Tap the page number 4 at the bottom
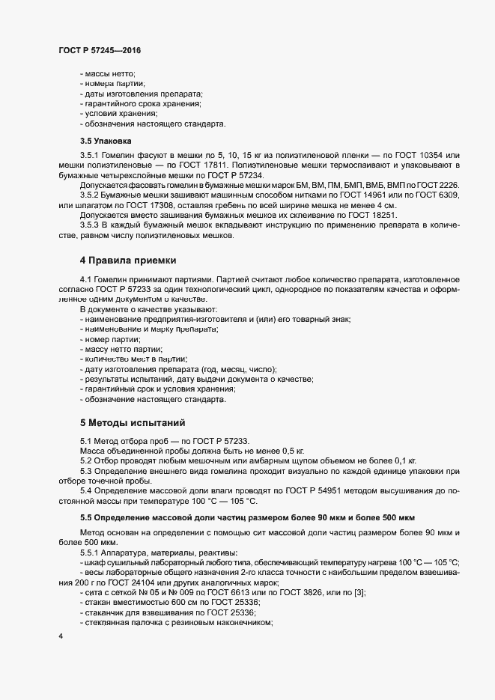pos(60,636)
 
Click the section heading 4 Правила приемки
pos(127,261)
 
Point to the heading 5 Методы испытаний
pos(127,423)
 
